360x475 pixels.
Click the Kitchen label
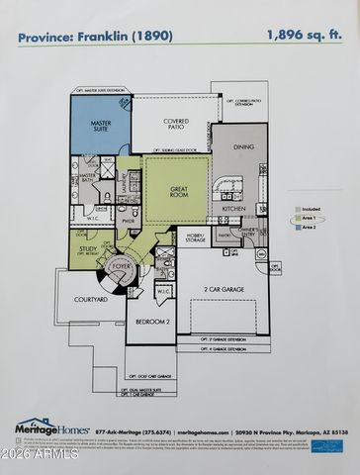point(233,209)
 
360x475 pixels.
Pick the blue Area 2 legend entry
point(308,228)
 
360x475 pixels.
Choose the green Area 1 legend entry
point(308,219)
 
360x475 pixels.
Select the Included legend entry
point(309,210)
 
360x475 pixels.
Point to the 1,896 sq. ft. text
point(305,35)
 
